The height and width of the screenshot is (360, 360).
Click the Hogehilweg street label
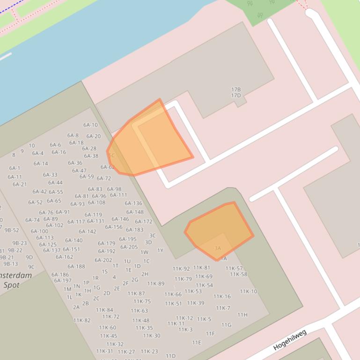pyautogui.click(x=290, y=340)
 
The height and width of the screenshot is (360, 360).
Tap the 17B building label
pyautogui.click(x=236, y=89)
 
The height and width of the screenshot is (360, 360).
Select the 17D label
pyautogui.click(x=236, y=96)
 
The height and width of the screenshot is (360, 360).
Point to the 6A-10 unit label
pyautogui.click(x=90, y=125)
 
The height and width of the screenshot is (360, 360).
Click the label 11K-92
pyautogui.click(x=181, y=269)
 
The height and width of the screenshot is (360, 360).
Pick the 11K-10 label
pyautogui.click(x=249, y=291)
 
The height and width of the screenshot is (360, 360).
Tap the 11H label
pyautogui.click(x=242, y=315)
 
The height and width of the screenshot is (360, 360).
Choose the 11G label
pyautogui.click(x=226, y=325)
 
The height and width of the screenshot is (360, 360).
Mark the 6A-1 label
pyautogui.click(x=15, y=168)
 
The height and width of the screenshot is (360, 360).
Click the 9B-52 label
pyautogui.click(x=12, y=230)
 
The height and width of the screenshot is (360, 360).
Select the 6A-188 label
pyautogui.click(x=76, y=266)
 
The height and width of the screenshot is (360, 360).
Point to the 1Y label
pyautogui.click(x=160, y=250)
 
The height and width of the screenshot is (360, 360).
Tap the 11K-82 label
pyautogui.click(x=82, y=320)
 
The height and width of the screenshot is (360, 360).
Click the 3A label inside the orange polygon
pyautogui.click(x=217, y=248)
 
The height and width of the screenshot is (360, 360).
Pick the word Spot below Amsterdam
pyautogui.click(x=12, y=285)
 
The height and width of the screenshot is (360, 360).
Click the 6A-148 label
pyautogui.click(x=135, y=212)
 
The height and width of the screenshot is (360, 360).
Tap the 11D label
pyautogui.click(x=170, y=356)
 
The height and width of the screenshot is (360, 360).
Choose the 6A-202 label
pyautogui.click(x=103, y=260)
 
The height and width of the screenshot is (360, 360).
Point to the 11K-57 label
pyautogui.click(x=234, y=268)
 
